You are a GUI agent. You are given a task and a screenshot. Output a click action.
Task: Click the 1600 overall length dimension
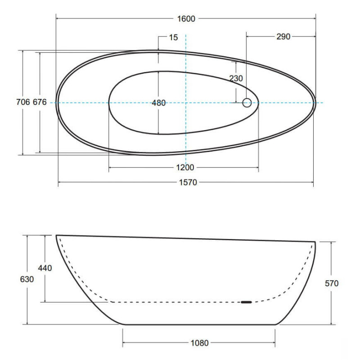[186, 18]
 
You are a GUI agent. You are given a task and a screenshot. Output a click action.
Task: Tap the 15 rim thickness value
[173, 37]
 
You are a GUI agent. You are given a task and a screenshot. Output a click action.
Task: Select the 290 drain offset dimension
[283, 36]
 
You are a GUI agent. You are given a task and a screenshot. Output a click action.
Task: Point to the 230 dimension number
[236, 78]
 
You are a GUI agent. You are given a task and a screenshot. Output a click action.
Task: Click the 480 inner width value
[159, 103]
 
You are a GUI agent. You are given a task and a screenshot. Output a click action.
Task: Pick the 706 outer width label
[23, 102]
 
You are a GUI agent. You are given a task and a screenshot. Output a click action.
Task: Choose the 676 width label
[40, 102]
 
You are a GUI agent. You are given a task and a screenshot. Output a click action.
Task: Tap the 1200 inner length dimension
[185, 167]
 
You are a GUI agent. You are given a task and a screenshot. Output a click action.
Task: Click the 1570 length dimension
[188, 182]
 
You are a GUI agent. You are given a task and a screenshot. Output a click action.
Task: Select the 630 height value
[27, 279]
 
